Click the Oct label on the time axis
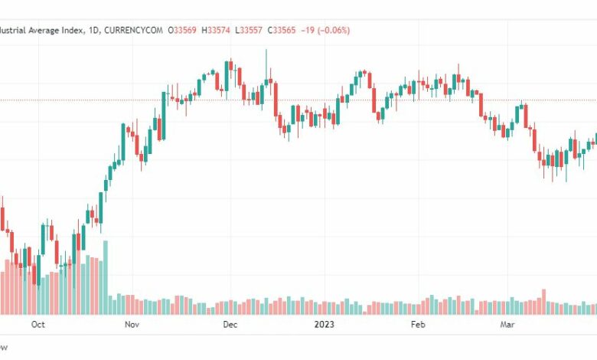coord(38,324)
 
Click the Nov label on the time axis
coord(131,324)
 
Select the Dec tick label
coord(230,324)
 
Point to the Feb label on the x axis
coord(417,324)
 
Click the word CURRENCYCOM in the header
coord(137,30)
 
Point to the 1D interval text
coord(96,30)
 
